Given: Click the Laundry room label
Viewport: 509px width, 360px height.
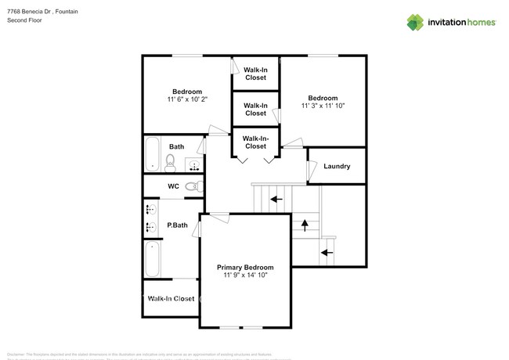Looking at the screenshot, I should pos(336,166).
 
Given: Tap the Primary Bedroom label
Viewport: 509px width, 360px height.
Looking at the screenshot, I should pos(246,267).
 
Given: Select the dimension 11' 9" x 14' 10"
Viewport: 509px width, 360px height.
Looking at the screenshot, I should pos(246,275).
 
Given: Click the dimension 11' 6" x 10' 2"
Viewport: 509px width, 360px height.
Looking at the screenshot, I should pos(187,99).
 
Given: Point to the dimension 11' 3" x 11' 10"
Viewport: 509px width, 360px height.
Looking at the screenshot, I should pos(323,106).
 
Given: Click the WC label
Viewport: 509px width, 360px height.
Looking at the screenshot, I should pos(174,186).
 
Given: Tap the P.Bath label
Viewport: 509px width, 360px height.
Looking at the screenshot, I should pos(177,225).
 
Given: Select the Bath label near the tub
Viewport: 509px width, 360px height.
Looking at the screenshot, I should pos(177,146).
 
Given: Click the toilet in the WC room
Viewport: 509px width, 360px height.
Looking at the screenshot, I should pos(198,186).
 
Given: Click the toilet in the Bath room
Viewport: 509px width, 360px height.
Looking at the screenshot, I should pos(170,161).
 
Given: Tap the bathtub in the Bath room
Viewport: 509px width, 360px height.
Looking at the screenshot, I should pos(152,153).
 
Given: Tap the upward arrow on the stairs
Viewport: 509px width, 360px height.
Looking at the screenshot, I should pos(304,225).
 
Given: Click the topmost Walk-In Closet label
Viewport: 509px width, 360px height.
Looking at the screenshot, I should pos(255,74).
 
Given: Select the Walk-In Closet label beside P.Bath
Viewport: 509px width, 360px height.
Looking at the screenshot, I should pos(171,298).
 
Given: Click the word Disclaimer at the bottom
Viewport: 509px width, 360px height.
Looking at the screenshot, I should pos(16,332).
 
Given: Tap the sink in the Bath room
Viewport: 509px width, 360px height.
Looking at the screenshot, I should pos(193,165).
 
